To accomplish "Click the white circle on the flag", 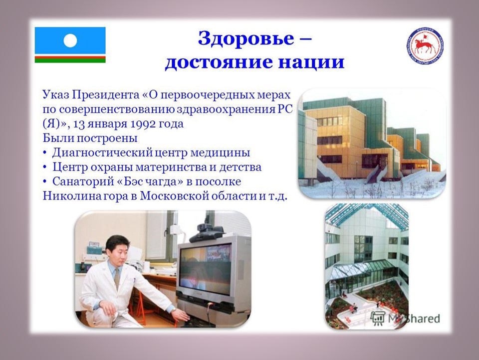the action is click(70, 40).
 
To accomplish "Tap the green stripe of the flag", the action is click(70, 60).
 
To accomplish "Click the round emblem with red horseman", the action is click(425, 46).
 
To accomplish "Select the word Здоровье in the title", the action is click(246, 39).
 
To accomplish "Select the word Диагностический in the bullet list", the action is click(102, 153).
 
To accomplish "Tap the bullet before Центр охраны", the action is click(45, 167).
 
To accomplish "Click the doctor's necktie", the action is click(117, 279).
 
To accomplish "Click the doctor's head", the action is click(117, 248).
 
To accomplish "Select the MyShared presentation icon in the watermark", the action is click(378, 318).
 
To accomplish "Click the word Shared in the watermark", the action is click(423, 318).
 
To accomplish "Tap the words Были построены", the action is click(90, 138).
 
